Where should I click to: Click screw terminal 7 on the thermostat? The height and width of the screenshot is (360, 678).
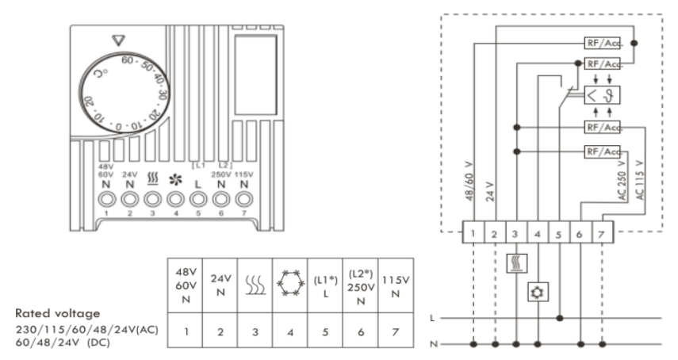(x=245, y=199)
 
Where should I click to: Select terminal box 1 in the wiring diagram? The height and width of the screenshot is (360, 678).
(x=472, y=235)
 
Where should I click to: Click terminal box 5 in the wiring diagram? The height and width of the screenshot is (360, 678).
(x=559, y=235)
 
